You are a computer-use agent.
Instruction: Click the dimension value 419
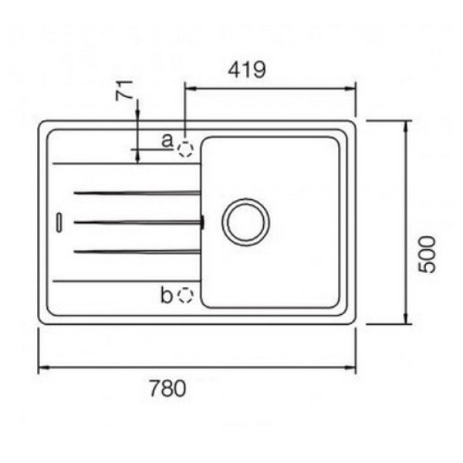[247, 69]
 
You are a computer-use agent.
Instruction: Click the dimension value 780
[167, 388]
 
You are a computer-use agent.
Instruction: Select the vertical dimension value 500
[427, 254]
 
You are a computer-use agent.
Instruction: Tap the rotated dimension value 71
[123, 90]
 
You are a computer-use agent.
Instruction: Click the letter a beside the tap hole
[167, 140]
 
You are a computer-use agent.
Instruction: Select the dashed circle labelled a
[185, 149]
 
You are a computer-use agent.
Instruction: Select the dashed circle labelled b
[186, 295]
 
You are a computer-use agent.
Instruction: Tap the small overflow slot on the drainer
[59, 221]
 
